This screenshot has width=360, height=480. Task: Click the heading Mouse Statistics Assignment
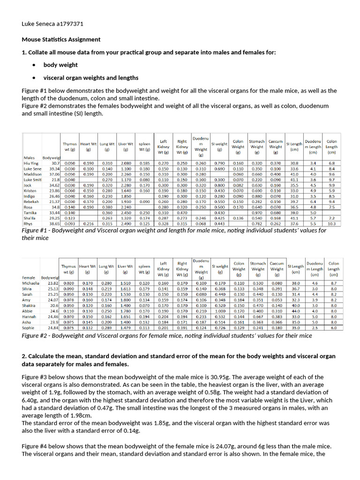[x=61, y=39]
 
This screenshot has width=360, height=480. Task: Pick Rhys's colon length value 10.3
[x=332, y=224]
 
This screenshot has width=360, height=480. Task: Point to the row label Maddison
[x=33, y=174]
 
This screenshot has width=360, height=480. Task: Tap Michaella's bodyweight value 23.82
[x=52, y=283]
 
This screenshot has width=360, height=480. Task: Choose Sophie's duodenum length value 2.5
[x=315, y=328]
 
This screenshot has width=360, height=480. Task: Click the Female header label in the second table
[x=30, y=277]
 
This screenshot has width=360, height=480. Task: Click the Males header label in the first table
[x=29, y=157]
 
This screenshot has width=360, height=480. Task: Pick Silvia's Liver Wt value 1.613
[x=126, y=289]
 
